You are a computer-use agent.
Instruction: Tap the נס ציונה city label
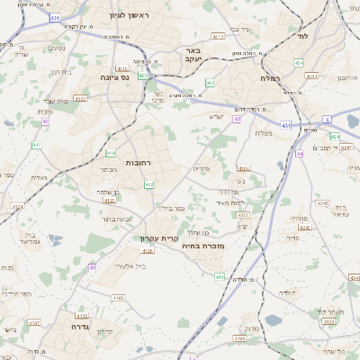point(134,77)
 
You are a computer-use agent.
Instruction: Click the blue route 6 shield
point(328,119)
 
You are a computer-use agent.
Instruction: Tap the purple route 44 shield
point(300,153)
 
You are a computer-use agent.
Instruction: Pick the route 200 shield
point(209,84)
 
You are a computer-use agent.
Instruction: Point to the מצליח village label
point(264,133)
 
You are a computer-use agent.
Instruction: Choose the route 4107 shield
point(33,322)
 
